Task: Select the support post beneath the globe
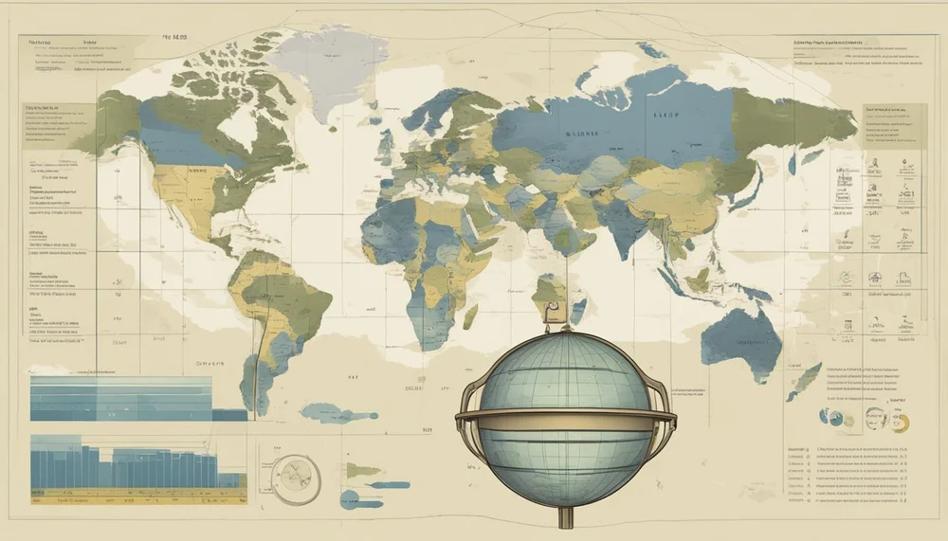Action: click(x=567, y=516)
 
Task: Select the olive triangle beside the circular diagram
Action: click(x=363, y=470)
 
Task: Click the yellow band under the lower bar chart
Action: click(x=137, y=493)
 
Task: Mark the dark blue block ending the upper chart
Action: click(x=228, y=414)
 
